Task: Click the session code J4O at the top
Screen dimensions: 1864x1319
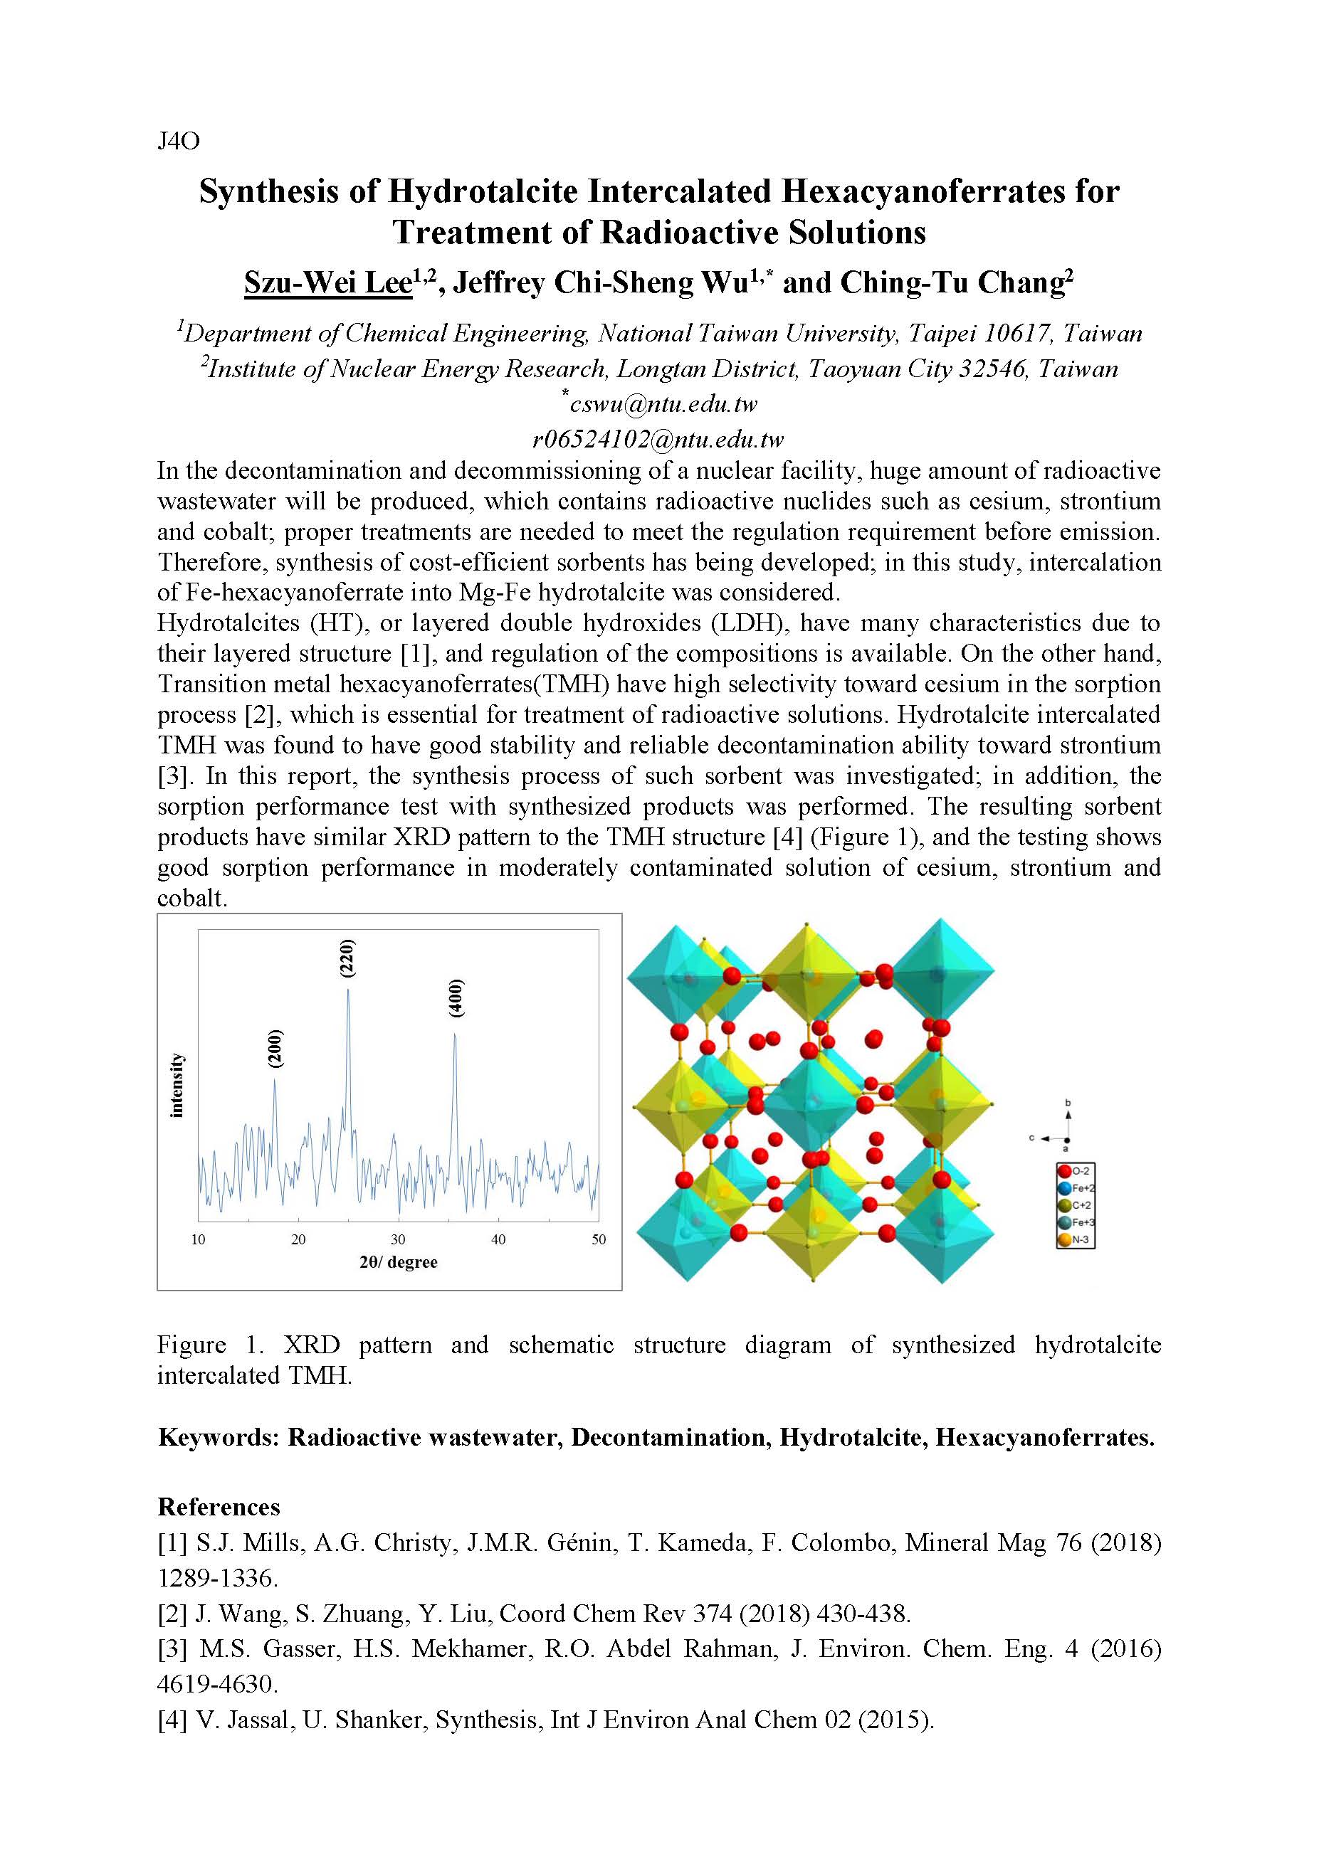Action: (178, 142)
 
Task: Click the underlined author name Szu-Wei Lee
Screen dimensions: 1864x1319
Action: (328, 282)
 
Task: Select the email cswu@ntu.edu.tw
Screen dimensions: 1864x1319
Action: (663, 403)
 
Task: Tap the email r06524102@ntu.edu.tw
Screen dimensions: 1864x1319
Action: (658, 439)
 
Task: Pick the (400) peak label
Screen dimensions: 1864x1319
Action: (455, 997)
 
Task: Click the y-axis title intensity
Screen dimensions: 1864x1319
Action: (177, 1085)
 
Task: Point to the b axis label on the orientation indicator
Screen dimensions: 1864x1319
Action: (1068, 1103)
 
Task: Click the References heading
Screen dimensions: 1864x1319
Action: (219, 1507)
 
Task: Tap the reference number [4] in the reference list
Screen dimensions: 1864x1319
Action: (172, 1720)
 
